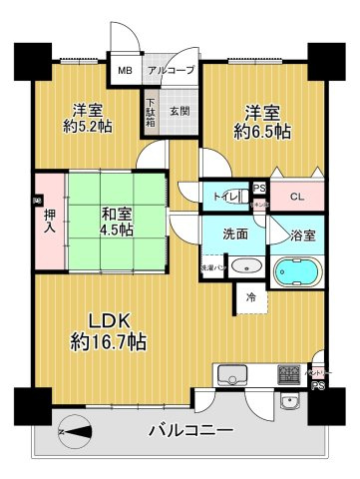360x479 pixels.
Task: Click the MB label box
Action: [x=125, y=70]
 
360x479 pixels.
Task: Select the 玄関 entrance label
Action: [x=179, y=110]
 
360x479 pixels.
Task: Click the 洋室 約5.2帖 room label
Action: [x=88, y=118]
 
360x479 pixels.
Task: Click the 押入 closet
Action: [x=47, y=221]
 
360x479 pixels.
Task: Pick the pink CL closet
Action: [x=297, y=197]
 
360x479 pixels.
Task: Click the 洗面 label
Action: [x=235, y=236]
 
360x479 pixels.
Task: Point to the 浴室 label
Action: [x=303, y=237]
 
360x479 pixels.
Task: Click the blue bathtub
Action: [x=297, y=271]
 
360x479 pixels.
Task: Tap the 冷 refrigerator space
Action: [x=250, y=295]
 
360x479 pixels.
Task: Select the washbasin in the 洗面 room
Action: [x=248, y=267]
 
